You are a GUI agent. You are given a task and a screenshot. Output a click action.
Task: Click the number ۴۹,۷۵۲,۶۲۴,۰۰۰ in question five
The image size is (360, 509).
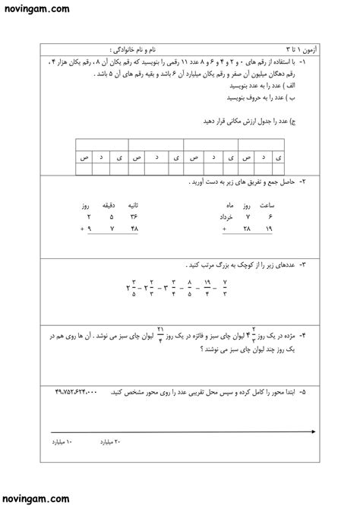76,392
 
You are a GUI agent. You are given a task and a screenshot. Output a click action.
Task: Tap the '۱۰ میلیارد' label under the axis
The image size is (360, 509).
63,441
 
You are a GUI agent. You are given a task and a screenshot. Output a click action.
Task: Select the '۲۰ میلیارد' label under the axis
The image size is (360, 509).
112,441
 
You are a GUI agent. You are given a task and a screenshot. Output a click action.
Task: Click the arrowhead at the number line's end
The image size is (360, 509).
314,432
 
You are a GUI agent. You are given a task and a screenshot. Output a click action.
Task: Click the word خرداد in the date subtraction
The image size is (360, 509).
228,217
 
